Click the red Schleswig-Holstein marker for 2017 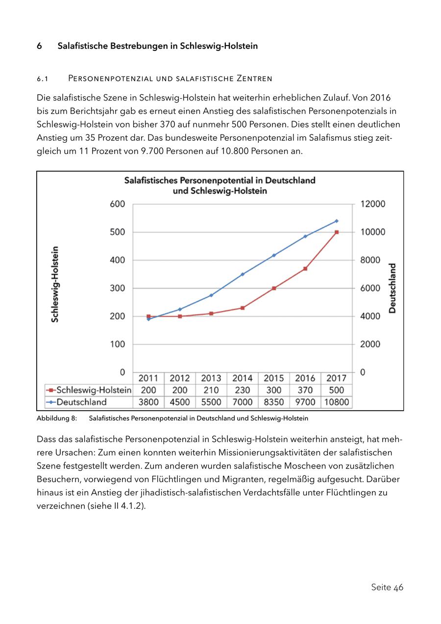(x=337, y=232)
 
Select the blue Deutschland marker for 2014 (x=243, y=274)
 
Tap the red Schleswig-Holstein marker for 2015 (x=274, y=288)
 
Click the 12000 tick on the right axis (x=373, y=204)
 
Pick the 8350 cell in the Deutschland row (x=273, y=402)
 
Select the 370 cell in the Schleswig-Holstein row (x=305, y=390)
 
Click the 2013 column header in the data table (x=211, y=378)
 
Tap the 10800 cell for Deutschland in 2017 (x=337, y=402)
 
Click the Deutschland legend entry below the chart (x=81, y=402)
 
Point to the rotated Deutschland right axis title (x=392, y=288)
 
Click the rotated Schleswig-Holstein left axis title (x=55, y=284)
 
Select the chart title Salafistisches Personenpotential (x=220, y=185)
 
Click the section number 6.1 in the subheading (x=41, y=78)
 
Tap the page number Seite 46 (x=387, y=587)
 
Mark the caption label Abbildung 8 (x=56, y=418)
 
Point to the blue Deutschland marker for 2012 (x=180, y=309)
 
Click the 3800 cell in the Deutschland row (x=148, y=402)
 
